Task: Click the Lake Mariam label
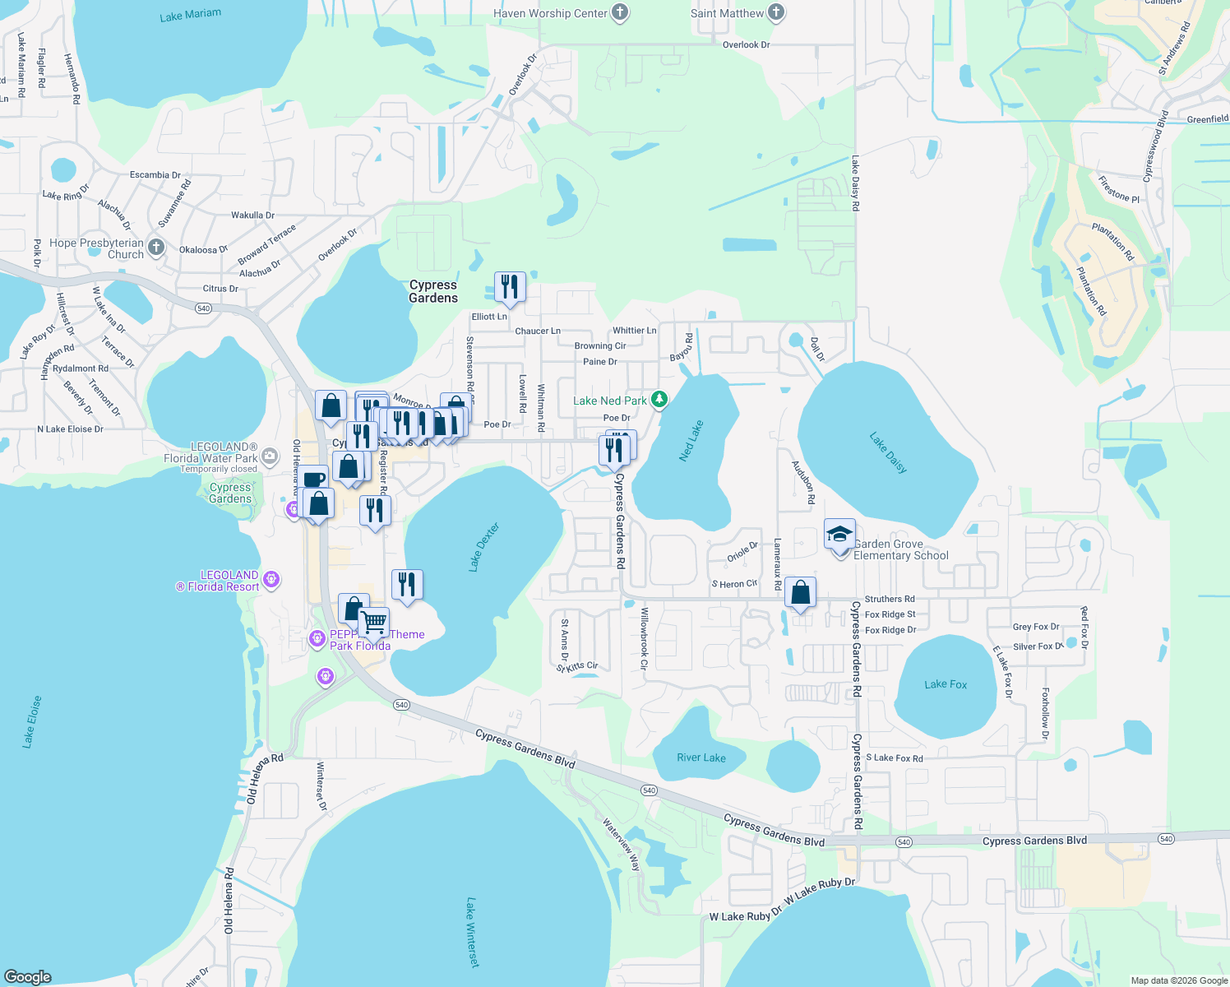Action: tap(191, 15)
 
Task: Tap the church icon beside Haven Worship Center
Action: tap(620, 12)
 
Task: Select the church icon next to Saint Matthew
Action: tap(776, 12)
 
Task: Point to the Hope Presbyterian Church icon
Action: tap(156, 247)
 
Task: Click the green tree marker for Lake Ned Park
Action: tap(659, 400)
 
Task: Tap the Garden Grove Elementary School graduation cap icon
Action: tap(839, 535)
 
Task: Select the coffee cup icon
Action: tap(313, 479)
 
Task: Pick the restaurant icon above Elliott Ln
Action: tap(510, 286)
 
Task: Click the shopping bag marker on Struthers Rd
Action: tap(800, 591)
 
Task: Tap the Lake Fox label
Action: tap(946, 684)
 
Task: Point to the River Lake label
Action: tap(701, 758)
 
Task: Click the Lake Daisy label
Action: tap(889, 452)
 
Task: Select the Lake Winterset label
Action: tap(472, 932)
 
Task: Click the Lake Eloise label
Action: tap(32, 721)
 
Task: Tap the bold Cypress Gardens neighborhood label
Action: tap(433, 291)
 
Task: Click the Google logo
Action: tap(28, 976)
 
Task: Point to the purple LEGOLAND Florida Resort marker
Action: tap(272, 580)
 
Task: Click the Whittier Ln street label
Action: tap(635, 331)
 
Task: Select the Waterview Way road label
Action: tap(622, 844)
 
